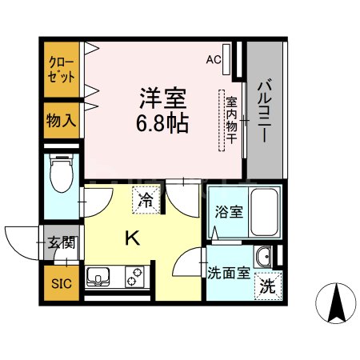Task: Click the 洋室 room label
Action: (165, 99)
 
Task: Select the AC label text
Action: (213, 58)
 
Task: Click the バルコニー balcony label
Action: (263, 110)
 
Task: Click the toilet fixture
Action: (62, 178)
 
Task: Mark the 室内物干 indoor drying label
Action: (232, 120)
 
